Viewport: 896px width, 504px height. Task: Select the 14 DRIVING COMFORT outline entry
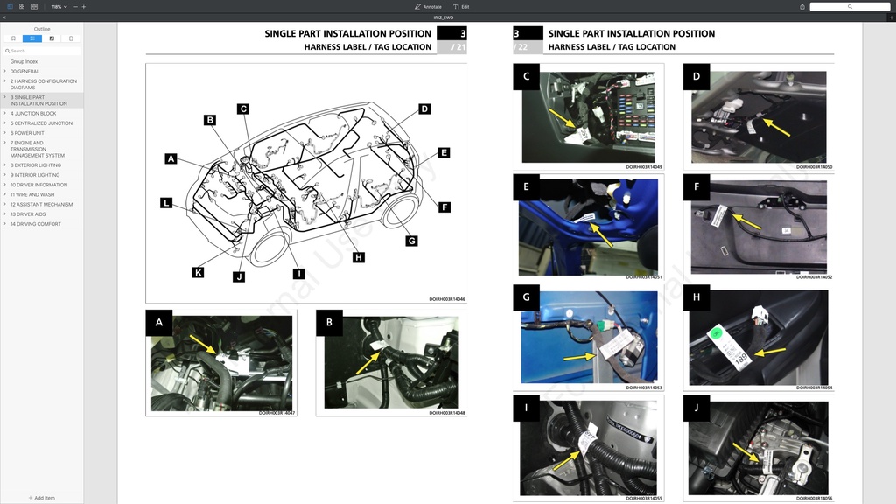pos(36,224)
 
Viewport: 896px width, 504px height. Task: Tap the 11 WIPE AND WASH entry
pos(32,194)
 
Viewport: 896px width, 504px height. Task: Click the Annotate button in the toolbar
pos(428,6)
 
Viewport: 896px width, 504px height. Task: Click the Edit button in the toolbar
pos(461,6)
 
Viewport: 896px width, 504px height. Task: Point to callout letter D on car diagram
pos(424,109)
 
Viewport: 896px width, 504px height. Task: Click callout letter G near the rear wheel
pos(411,241)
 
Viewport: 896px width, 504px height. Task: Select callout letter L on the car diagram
pos(166,203)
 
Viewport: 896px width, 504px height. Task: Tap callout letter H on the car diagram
pos(359,257)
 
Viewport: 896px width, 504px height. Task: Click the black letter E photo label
pos(526,185)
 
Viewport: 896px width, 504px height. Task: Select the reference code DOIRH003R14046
pos(446,299)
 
